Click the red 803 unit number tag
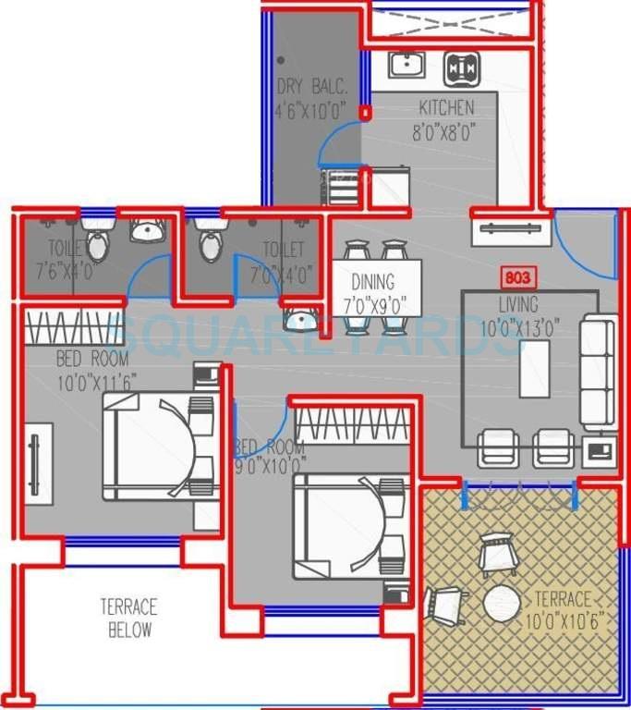click(517, 276)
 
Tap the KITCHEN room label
click(446, 107)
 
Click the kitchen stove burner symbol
click(462, 67)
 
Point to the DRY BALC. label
click(311, 88)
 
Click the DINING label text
click(373, 282)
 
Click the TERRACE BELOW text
click(128, 618)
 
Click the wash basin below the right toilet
click(298, 321)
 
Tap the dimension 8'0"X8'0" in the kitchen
click(444, 131)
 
